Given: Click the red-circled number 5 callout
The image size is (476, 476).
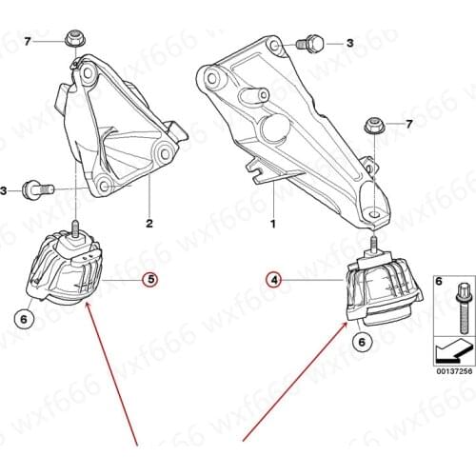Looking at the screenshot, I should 150,280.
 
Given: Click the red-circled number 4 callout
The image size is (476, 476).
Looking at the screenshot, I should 273,280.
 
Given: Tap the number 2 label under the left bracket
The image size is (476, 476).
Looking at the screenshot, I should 149,225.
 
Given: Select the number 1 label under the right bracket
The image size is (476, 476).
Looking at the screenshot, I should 272,226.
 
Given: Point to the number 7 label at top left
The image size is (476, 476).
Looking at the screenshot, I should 29,40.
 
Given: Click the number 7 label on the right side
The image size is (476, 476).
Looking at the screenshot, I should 410,125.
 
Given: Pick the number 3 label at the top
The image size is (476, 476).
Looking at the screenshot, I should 349,43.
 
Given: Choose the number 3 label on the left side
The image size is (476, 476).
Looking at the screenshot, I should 5,191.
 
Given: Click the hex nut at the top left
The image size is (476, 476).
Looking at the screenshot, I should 72,39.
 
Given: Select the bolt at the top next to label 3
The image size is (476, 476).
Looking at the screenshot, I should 310,42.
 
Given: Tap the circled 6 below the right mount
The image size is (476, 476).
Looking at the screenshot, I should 362,340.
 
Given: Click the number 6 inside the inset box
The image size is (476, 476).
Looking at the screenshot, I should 438,283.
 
